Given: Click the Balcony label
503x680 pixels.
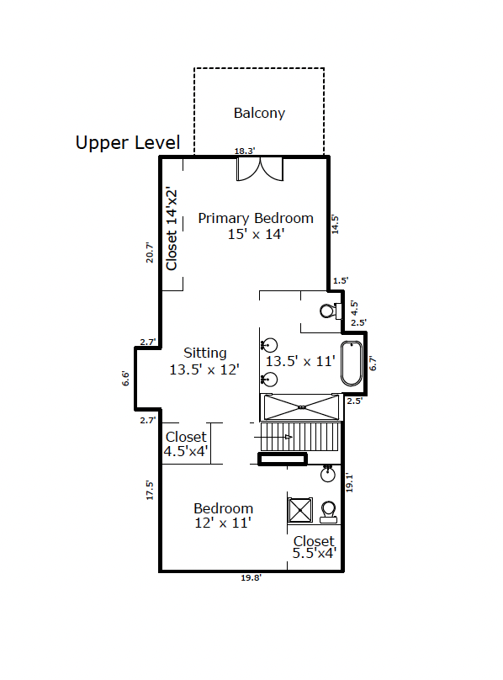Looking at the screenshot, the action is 259,113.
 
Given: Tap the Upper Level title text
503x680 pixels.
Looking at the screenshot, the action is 128,143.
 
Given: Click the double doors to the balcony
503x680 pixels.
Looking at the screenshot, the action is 260,169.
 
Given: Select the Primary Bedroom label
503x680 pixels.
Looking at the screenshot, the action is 256,218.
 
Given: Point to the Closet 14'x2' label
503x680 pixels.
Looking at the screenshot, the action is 172,229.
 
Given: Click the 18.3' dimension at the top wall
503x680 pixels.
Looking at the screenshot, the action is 245,151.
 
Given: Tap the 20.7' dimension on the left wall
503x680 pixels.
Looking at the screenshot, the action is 150,252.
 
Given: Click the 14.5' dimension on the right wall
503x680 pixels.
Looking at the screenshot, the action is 335,224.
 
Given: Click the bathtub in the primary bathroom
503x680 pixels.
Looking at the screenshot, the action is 352,364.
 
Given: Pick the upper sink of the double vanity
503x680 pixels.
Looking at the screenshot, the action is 269,346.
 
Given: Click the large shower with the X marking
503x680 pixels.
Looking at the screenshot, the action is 301,407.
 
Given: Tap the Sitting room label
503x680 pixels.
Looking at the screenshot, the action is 204,353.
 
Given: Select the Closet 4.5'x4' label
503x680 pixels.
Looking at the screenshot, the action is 186,444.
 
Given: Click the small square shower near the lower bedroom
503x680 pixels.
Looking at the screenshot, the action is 300,510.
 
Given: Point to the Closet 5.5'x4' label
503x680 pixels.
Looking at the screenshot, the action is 314,547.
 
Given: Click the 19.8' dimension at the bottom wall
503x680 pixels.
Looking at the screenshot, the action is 251,577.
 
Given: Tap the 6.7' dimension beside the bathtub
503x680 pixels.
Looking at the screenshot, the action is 373,363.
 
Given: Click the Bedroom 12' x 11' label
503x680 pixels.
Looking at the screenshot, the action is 223,515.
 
